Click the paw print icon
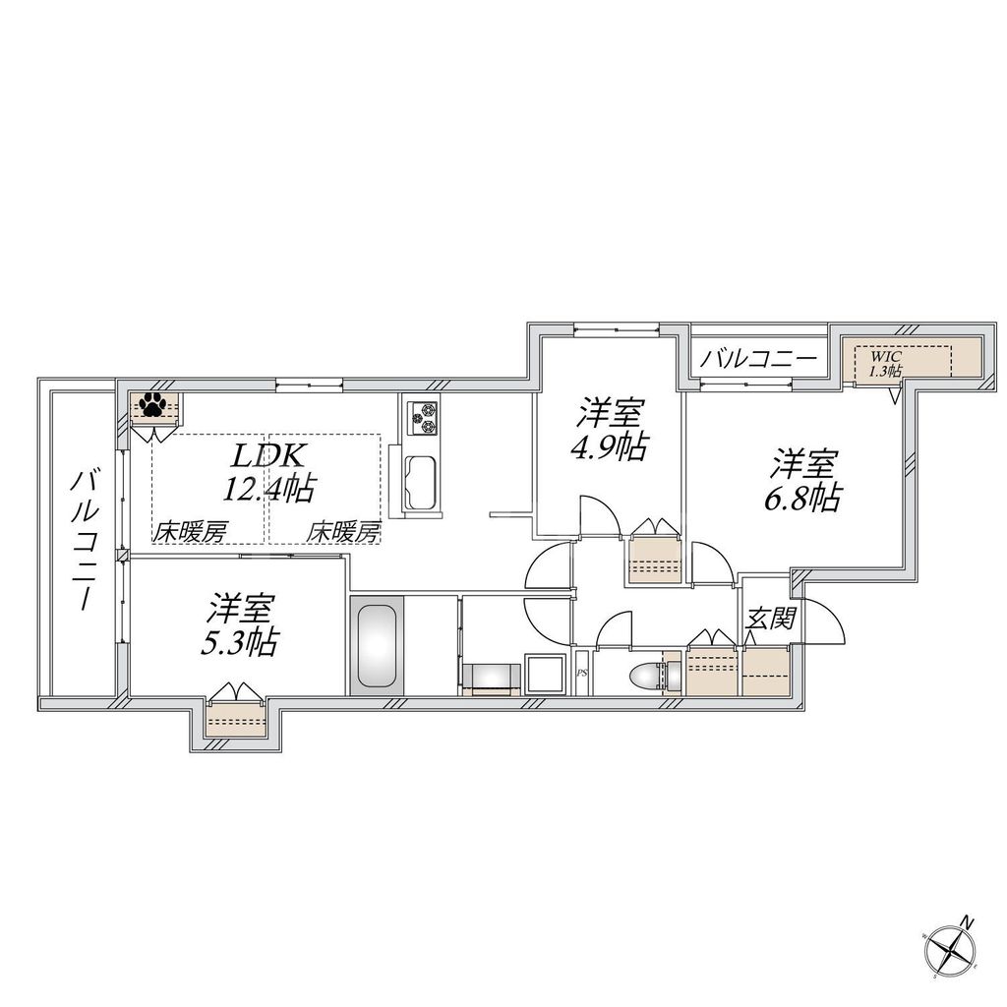(152, 403)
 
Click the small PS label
(581, 675)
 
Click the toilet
(645, 678)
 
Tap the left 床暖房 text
(190, 532)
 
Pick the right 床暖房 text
(343, 532)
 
